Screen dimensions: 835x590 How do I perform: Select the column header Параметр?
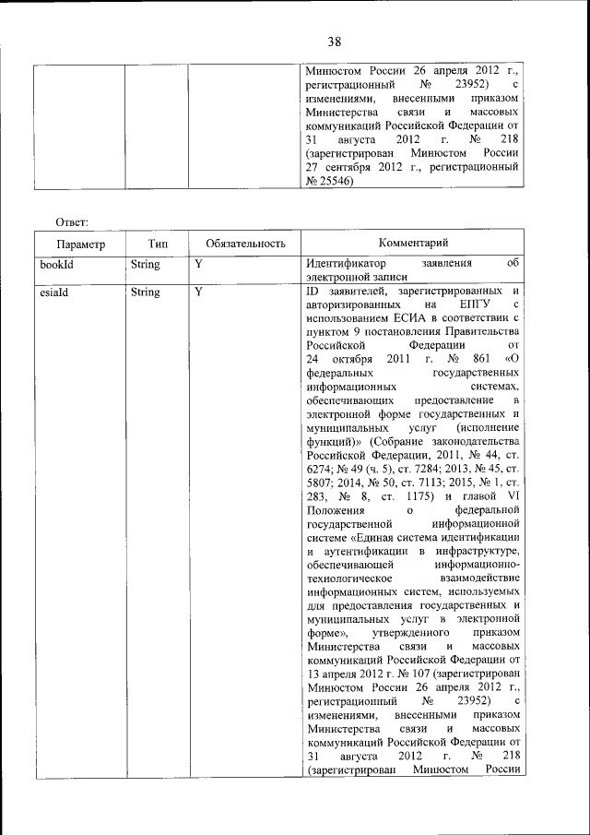pyautogui.click(x=80, y=245)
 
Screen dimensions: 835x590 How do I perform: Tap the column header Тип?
pyautogui.click(x=157, y=244)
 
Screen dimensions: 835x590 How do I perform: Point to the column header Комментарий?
pyautogui.click(x=413, y=243)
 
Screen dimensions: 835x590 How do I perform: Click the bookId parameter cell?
pyautogui.click(x=56, y=264)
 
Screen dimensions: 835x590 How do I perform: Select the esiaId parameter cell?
pyautogui.click(x=54, y=292)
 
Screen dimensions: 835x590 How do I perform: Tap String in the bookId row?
pyautogui.click(x=146, y=264)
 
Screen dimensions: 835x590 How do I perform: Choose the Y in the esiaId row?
pyautogui.click(x=198, y=292)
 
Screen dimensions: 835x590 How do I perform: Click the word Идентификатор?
pyautogui.click(x=348, y=264)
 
